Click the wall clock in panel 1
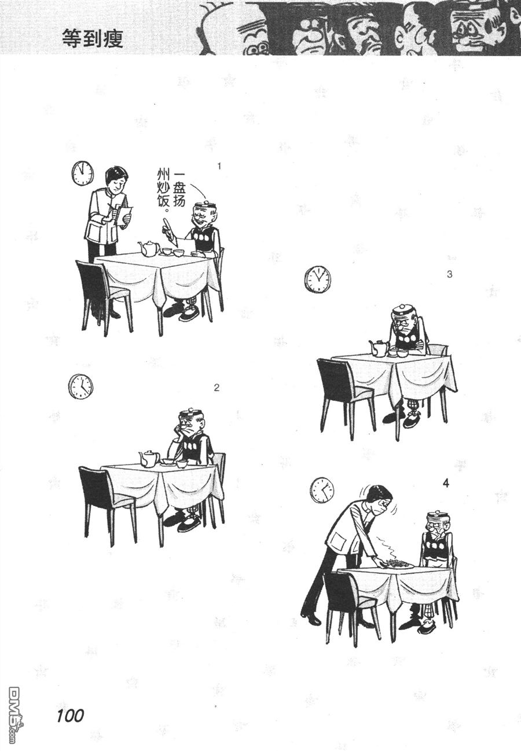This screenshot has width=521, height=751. click(x=82, y=173)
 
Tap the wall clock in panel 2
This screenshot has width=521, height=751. click(x=80, y=386)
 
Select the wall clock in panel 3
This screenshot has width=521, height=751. click(x=317, y=279)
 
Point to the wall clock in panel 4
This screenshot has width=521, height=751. click(x=322, y=490)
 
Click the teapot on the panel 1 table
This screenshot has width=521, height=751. click(x=148, y=248)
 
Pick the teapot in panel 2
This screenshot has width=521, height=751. click(x=149, y=458)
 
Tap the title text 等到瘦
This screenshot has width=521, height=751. click(x=93, y=39)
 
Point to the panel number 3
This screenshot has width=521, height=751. click(x=450, y=274)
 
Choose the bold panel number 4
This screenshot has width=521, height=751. click(x=446, y=484)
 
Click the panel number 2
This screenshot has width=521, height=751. click(x=217, y=388)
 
